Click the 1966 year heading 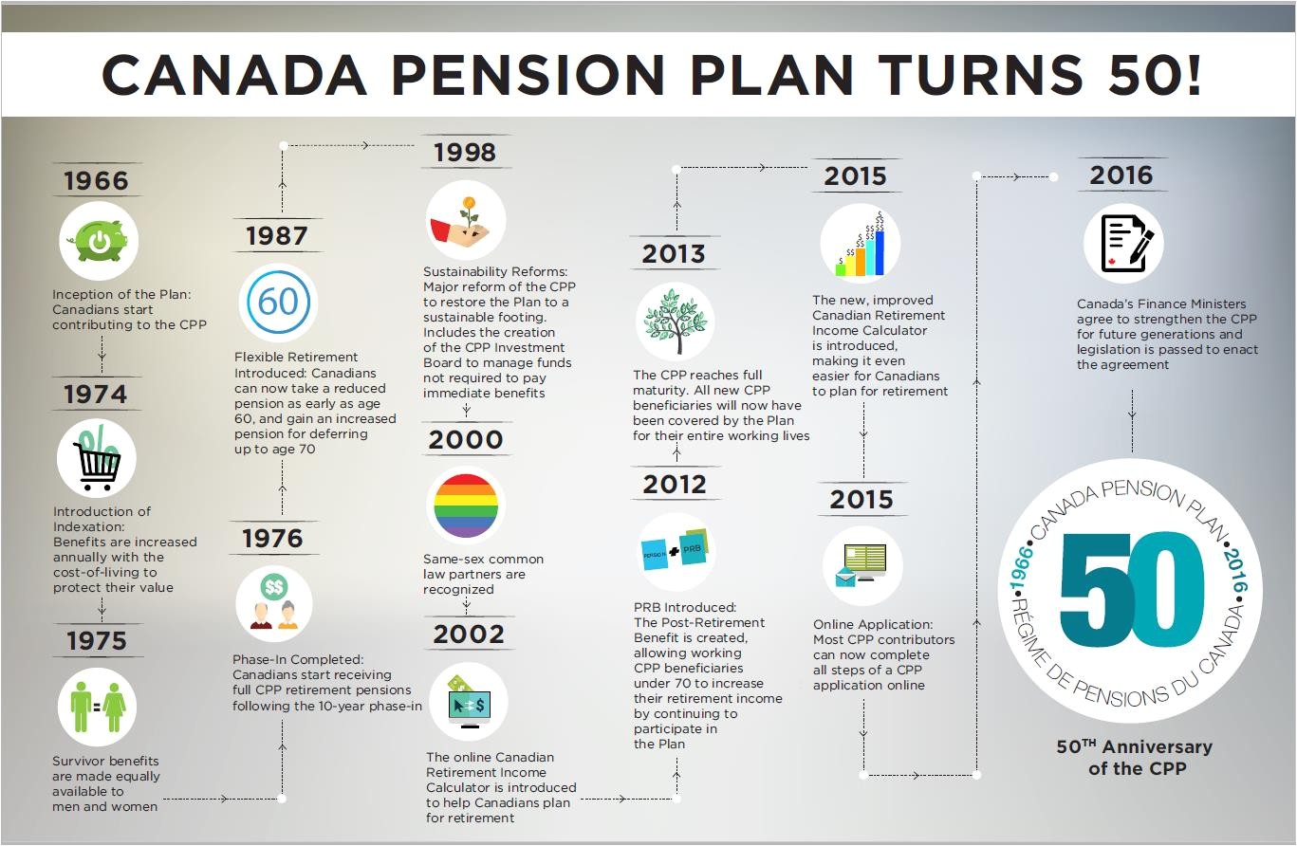[x=96, y=180]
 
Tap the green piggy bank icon [x=99, y=241]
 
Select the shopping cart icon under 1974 [x=96, y=457]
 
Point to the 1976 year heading [x=272, y=538]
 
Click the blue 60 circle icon [x=278, y=302]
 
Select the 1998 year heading [x=465, y=152]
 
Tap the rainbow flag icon [x=465, y=506]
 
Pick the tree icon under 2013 [x=676, y=322]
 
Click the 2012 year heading [x=675, y=484]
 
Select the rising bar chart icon [x=860, y=244]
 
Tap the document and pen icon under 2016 [x=1123, y=243]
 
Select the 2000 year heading [x=466, y=439]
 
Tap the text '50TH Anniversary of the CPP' [x=1134, y=757]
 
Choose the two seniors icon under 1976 [x=274, y=604]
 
